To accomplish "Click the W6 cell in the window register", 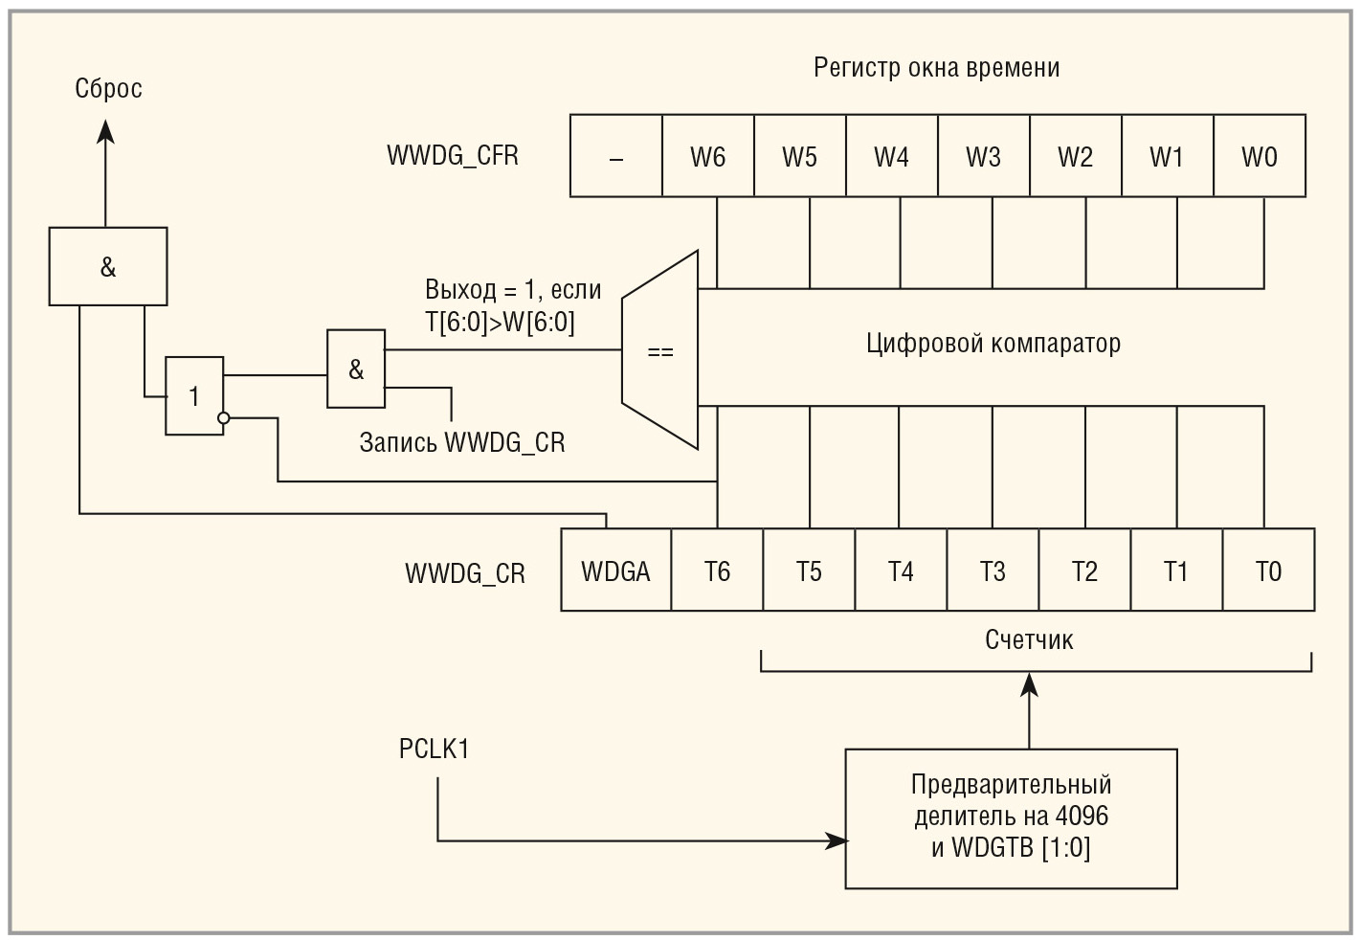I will pyautogui.click(x=708, y=156).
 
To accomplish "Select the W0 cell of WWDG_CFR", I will pyautogui.click(x=1260, y=156).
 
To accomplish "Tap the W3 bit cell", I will pyautogui.click(x=984, y=156).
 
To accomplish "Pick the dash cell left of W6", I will pyautogui.click(x=616, y=156).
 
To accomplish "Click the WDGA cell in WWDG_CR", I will pyautogui.click(x=615, y=571).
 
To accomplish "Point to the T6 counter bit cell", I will pyautogui.click(x=717, y=571).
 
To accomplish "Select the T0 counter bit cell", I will pyautogui.click(x=1268, y=571).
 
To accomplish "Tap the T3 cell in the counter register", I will pyautogui.click(x=993, y=571).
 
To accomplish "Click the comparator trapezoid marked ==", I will pyautogui.click(x=660, y=350).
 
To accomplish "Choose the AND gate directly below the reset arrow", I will pyautogui.click(x=108, y=267).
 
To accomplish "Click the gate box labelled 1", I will pyautogui.click(x=194, y=396).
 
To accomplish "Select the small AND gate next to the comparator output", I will pyautogui.click(x=356, y=369).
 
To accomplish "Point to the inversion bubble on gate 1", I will pyautogui.click(x=224, y=418).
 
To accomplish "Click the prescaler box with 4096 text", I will pyautogui.click(x=1011, y=817).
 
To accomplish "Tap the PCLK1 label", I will pyautogui.click(x=435, y=749).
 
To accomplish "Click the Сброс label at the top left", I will pyautogui.click(x=108, y=89).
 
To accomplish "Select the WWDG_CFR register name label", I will pyautogui.click(x=453, y=156).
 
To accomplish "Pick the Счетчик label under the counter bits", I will pyautogui.click(x=1029, y=640).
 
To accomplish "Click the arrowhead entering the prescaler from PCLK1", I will pyautogui.click(x=838, y=841).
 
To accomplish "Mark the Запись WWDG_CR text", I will pyautogui.click(x=462, y=442).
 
